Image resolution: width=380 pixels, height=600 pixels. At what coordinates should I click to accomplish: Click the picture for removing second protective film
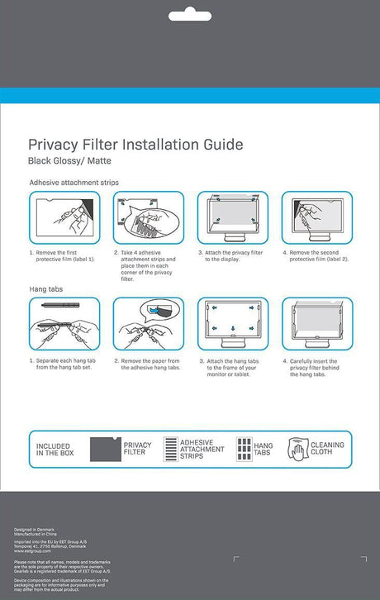[316, 217]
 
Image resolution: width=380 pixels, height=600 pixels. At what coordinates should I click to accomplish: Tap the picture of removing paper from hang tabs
[148, 323]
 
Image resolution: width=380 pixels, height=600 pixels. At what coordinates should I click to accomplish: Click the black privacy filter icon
[104, 449]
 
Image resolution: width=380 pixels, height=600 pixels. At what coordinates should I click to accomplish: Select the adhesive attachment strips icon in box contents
[170, 449]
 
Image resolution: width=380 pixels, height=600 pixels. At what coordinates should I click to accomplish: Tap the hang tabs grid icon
[244, 449]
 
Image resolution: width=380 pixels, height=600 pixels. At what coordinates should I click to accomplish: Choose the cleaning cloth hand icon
[297, 449]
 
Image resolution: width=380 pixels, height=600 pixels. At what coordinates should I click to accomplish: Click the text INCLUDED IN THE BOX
[53, 450]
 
